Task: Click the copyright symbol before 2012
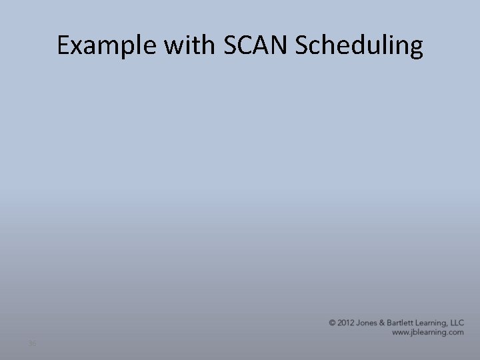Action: click(x=332, y=323)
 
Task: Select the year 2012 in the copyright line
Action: click(x=345, y=323)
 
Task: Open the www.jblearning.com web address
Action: click(x=427, y=331)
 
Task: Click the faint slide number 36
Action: click(x=32, y=343)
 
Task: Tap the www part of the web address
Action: click(x=401, y=331)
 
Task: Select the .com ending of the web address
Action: click(x=455, y=331)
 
